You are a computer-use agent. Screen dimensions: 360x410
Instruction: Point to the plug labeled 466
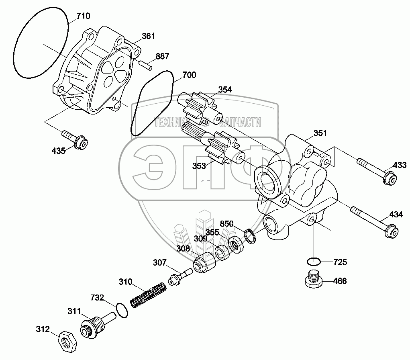pyautogui.click(x=313, y=280)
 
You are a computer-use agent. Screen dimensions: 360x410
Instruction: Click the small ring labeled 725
pyautogui.click(x=313, y=262)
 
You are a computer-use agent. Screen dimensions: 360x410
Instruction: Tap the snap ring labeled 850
pyautogui.click(x=249, y=237)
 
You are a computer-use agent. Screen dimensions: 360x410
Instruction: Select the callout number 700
pyautogui.click(x=189, y=75)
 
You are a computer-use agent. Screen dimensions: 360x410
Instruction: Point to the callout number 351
pyautogui.click(x=320, y=133)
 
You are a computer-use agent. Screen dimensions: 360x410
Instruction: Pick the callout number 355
pyautogui.click(x=212, y=232)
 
